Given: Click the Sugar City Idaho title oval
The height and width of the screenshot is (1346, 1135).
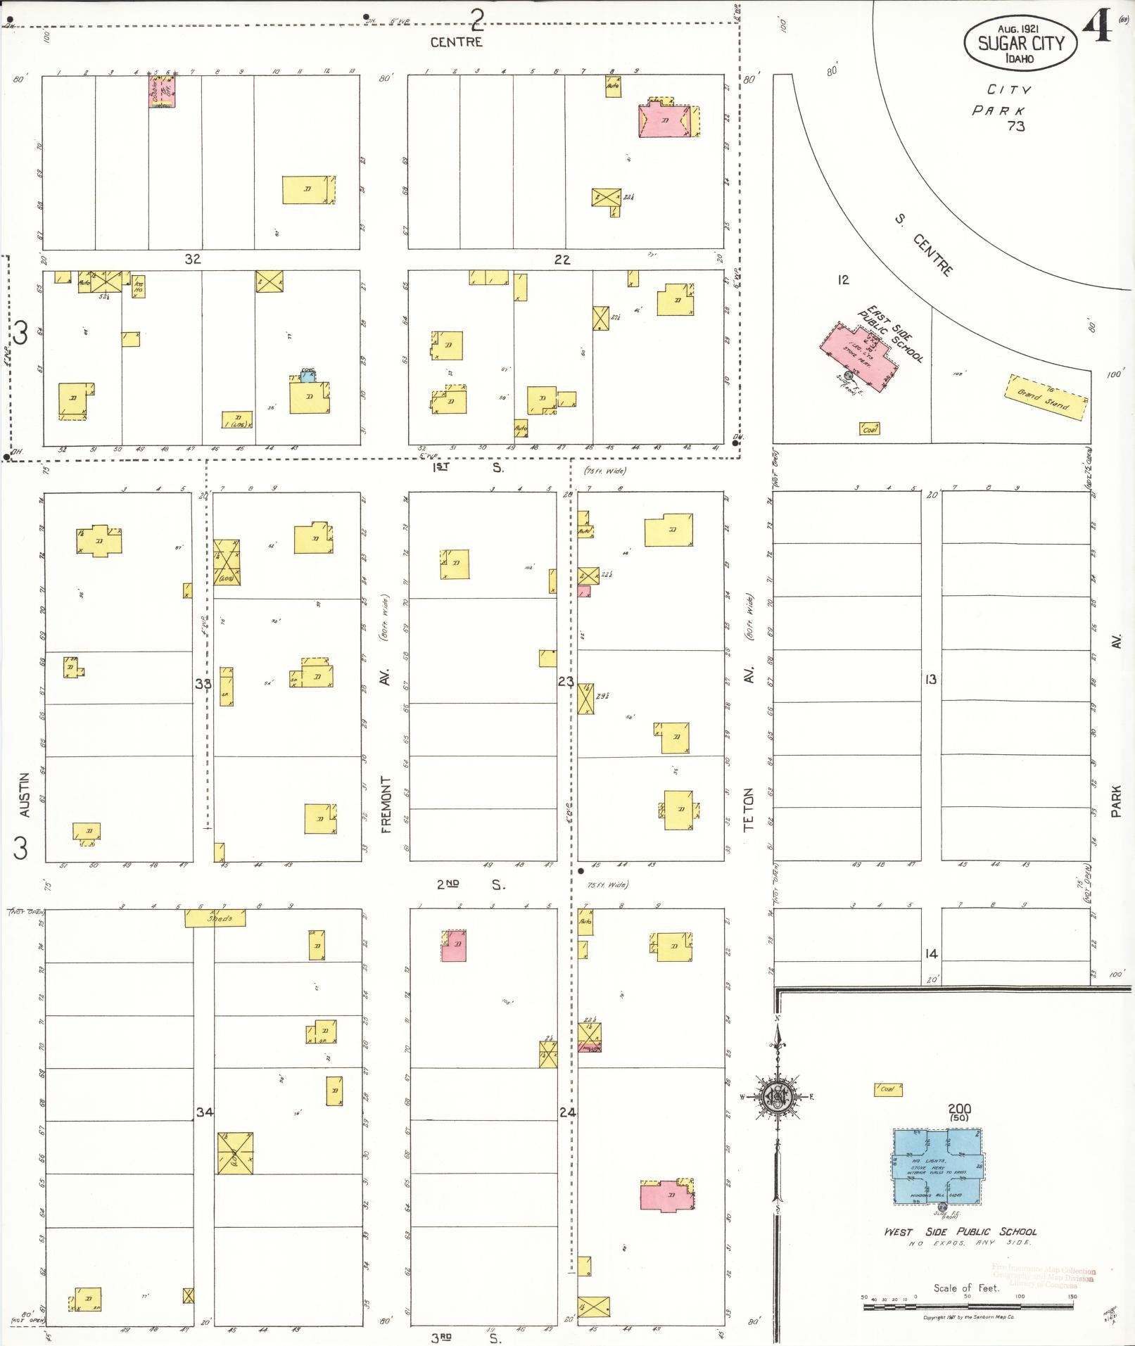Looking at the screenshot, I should point(1020,43).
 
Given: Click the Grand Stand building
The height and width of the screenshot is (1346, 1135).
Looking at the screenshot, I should point(1046,398).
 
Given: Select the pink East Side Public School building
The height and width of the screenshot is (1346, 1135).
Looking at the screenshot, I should point(859,354).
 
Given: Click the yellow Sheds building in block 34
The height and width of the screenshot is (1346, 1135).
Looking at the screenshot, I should point(215,918).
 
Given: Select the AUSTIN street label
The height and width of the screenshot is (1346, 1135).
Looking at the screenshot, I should point(25,795).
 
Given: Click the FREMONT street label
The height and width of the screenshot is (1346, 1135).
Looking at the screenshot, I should point(385,804).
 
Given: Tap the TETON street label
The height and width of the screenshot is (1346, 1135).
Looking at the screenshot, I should point(749,809).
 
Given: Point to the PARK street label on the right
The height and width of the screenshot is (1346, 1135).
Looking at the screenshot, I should point(1117,802).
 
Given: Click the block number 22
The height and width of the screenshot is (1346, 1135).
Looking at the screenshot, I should point(562,260).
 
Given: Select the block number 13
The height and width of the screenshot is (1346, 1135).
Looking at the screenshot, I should point(931,680).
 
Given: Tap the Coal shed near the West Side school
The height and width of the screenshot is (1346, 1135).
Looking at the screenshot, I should point(888,1089).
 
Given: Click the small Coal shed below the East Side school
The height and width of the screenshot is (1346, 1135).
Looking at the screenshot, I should point(869,428).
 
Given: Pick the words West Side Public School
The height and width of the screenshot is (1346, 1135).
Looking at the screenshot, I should point(960,1232).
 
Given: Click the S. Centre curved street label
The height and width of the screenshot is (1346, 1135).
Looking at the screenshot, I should point(927,246).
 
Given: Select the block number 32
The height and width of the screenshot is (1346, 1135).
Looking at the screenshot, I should point(192,259).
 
